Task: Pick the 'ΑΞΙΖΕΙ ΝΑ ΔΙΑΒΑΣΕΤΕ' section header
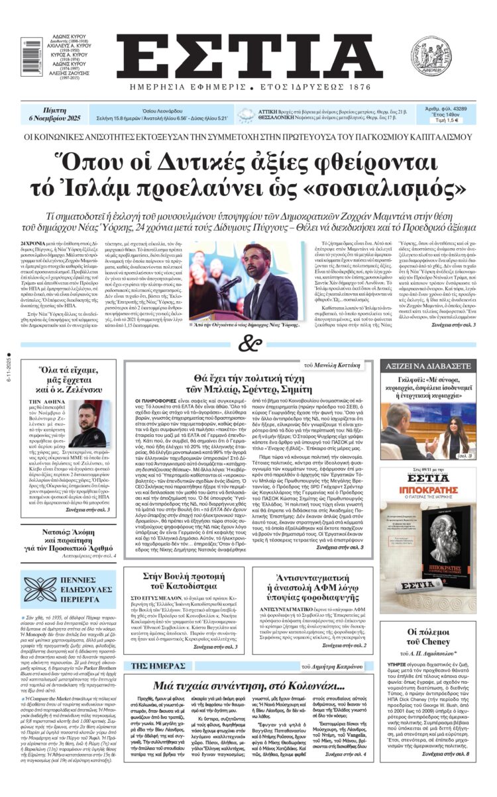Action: [428, 366]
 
